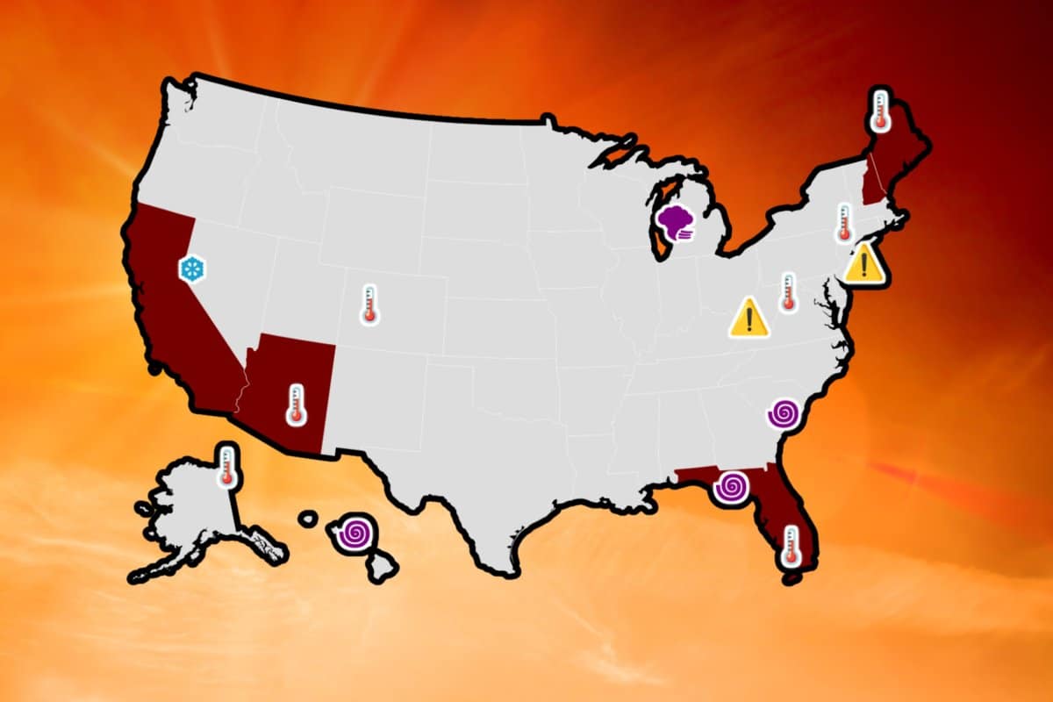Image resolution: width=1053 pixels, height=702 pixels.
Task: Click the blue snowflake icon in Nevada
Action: tap(191, 269)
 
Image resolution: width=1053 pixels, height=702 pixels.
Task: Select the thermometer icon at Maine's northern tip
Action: tap(878, 111)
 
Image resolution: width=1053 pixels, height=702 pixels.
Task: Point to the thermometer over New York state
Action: tap(844, 223)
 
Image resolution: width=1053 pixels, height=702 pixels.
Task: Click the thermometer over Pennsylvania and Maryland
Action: tap(787, 292)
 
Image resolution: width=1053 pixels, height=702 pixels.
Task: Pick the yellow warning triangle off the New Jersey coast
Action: tap(864, 263)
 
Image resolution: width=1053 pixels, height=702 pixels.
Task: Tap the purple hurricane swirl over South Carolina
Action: tap(783, 412)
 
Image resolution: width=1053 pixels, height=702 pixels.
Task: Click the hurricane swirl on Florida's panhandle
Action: tap(730, 487)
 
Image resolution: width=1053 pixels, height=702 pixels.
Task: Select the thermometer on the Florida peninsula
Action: tap(791, 545)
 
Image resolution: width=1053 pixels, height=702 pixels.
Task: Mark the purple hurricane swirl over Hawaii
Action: tap(355, 532)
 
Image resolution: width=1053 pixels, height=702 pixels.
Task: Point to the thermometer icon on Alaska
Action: tap(227, 466)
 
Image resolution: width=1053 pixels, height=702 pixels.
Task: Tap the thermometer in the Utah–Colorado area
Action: tap(369, 304)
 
